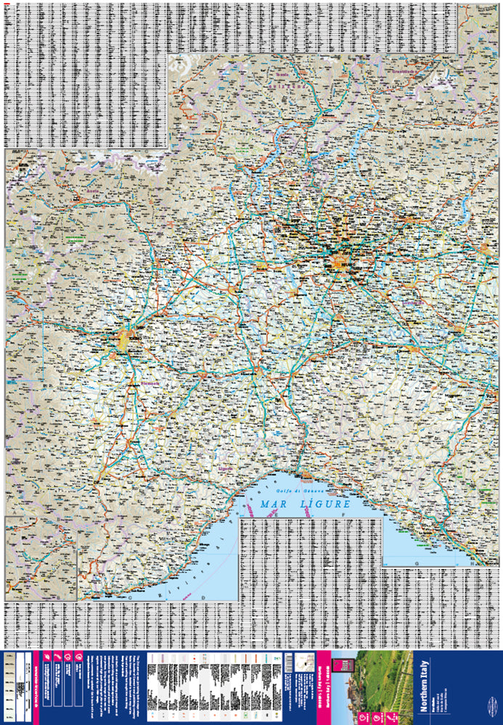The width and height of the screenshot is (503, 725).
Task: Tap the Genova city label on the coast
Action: pos(307,477)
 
